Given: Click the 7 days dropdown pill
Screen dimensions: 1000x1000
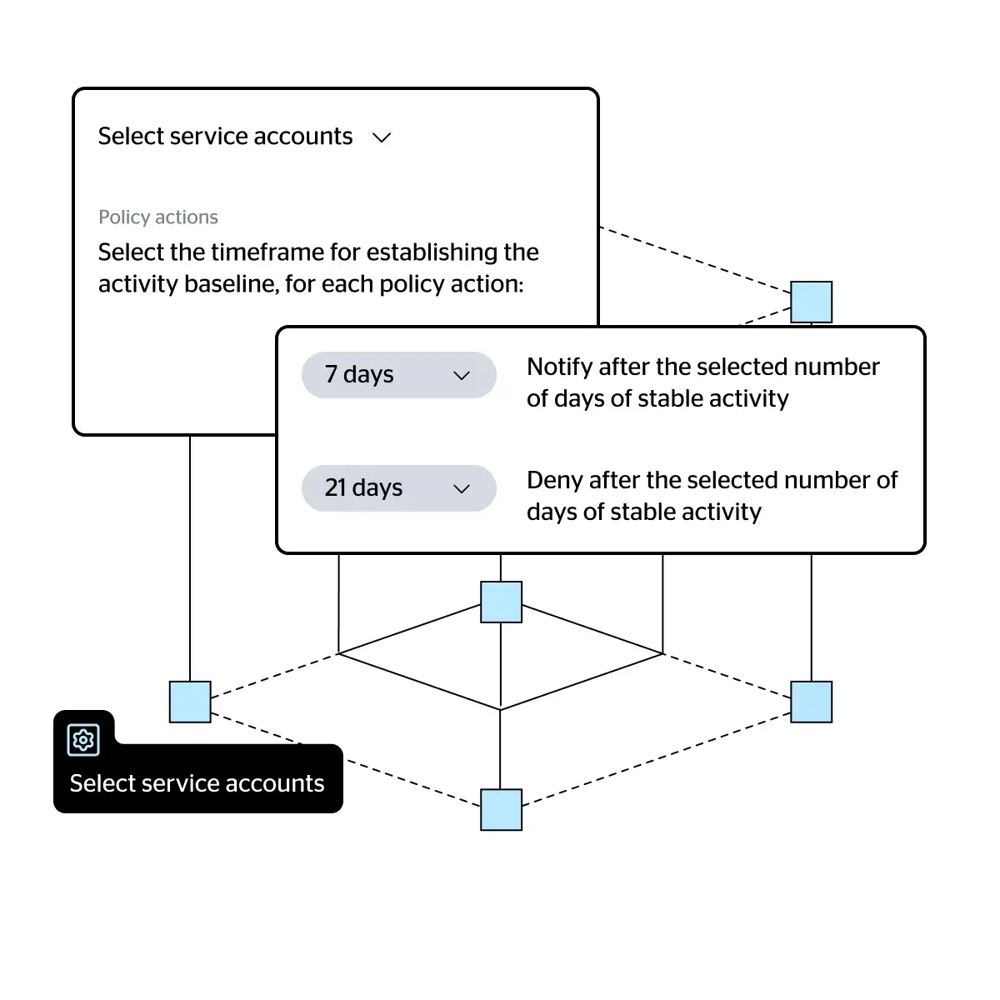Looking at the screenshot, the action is (x=398, y=375).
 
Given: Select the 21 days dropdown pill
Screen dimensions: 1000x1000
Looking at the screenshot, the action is (x=398, y=487).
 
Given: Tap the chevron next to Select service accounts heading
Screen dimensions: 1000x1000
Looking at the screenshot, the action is (x=382, y=138).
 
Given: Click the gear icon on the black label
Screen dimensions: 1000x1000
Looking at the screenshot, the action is (x=83, y=739).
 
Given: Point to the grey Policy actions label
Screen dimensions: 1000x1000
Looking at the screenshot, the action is (x=158, y=217).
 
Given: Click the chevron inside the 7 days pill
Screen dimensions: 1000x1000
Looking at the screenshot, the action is (x=462, y=375).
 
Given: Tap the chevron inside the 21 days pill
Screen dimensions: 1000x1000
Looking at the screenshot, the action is (x=462, y=488).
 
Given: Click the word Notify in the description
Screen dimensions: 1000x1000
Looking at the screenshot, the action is (x=559, y=367).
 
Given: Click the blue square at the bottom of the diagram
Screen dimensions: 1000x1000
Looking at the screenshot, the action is (x=501, y=809).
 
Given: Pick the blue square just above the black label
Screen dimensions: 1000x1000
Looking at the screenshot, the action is (x=190, y=702).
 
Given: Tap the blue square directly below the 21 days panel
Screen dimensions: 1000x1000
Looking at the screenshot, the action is (x=501, y=602).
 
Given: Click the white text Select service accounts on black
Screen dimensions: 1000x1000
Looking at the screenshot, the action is (x=197, y=783).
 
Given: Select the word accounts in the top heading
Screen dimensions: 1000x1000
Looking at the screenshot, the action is (x=303, y=137).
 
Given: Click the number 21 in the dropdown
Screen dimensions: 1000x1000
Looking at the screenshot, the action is (x=335, y=487).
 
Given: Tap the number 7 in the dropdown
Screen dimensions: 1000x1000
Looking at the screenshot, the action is (x=331, y=375).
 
